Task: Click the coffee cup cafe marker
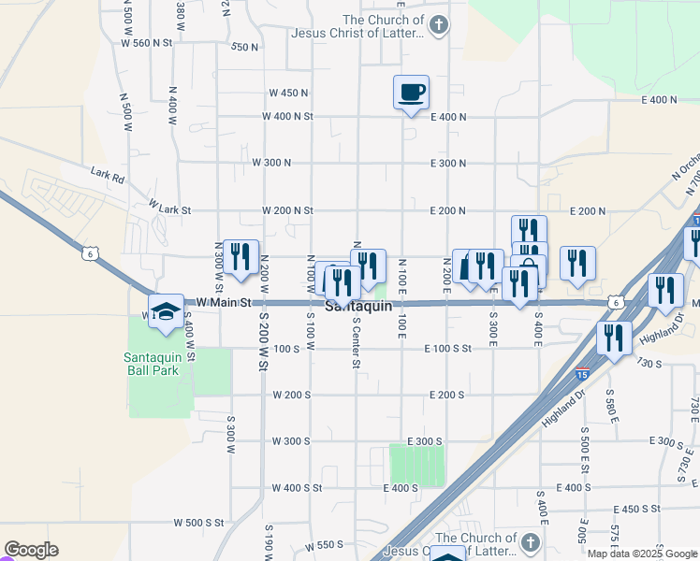411,93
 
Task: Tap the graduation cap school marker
166,311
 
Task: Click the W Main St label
218,303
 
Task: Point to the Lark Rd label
108,173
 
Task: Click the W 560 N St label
148,43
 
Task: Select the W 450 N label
288,93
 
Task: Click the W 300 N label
271,163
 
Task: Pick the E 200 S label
447,396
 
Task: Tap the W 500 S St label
199,523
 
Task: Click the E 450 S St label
637,509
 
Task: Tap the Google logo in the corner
31,550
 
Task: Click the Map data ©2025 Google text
642,554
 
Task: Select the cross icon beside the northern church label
438,24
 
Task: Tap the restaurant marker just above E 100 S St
614,338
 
